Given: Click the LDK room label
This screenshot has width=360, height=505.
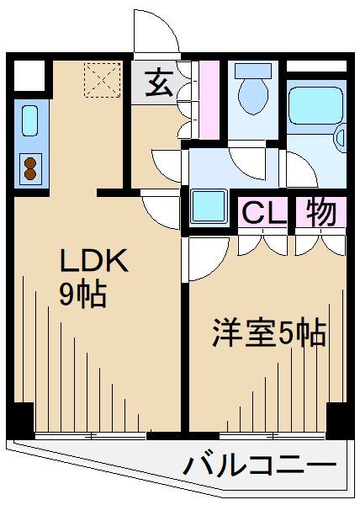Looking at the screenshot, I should click(x=93, y=262).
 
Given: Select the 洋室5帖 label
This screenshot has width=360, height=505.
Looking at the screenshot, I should click(x=267, y=334).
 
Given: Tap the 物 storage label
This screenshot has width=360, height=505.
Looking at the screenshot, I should click(x=320, y=212).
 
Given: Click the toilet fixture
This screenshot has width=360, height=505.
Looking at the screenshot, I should click(x=251, y=93).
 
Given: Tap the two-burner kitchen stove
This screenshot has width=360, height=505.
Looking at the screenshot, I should click(x=29, y=167).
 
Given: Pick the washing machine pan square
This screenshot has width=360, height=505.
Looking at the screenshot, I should click(x=206, y=205).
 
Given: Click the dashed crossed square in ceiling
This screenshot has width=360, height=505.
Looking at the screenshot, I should click(x=100, y=82).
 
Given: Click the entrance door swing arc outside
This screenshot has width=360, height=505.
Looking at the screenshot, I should click(x=158, y=32).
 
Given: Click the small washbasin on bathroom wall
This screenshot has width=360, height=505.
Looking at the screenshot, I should click(x=341, y=136).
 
